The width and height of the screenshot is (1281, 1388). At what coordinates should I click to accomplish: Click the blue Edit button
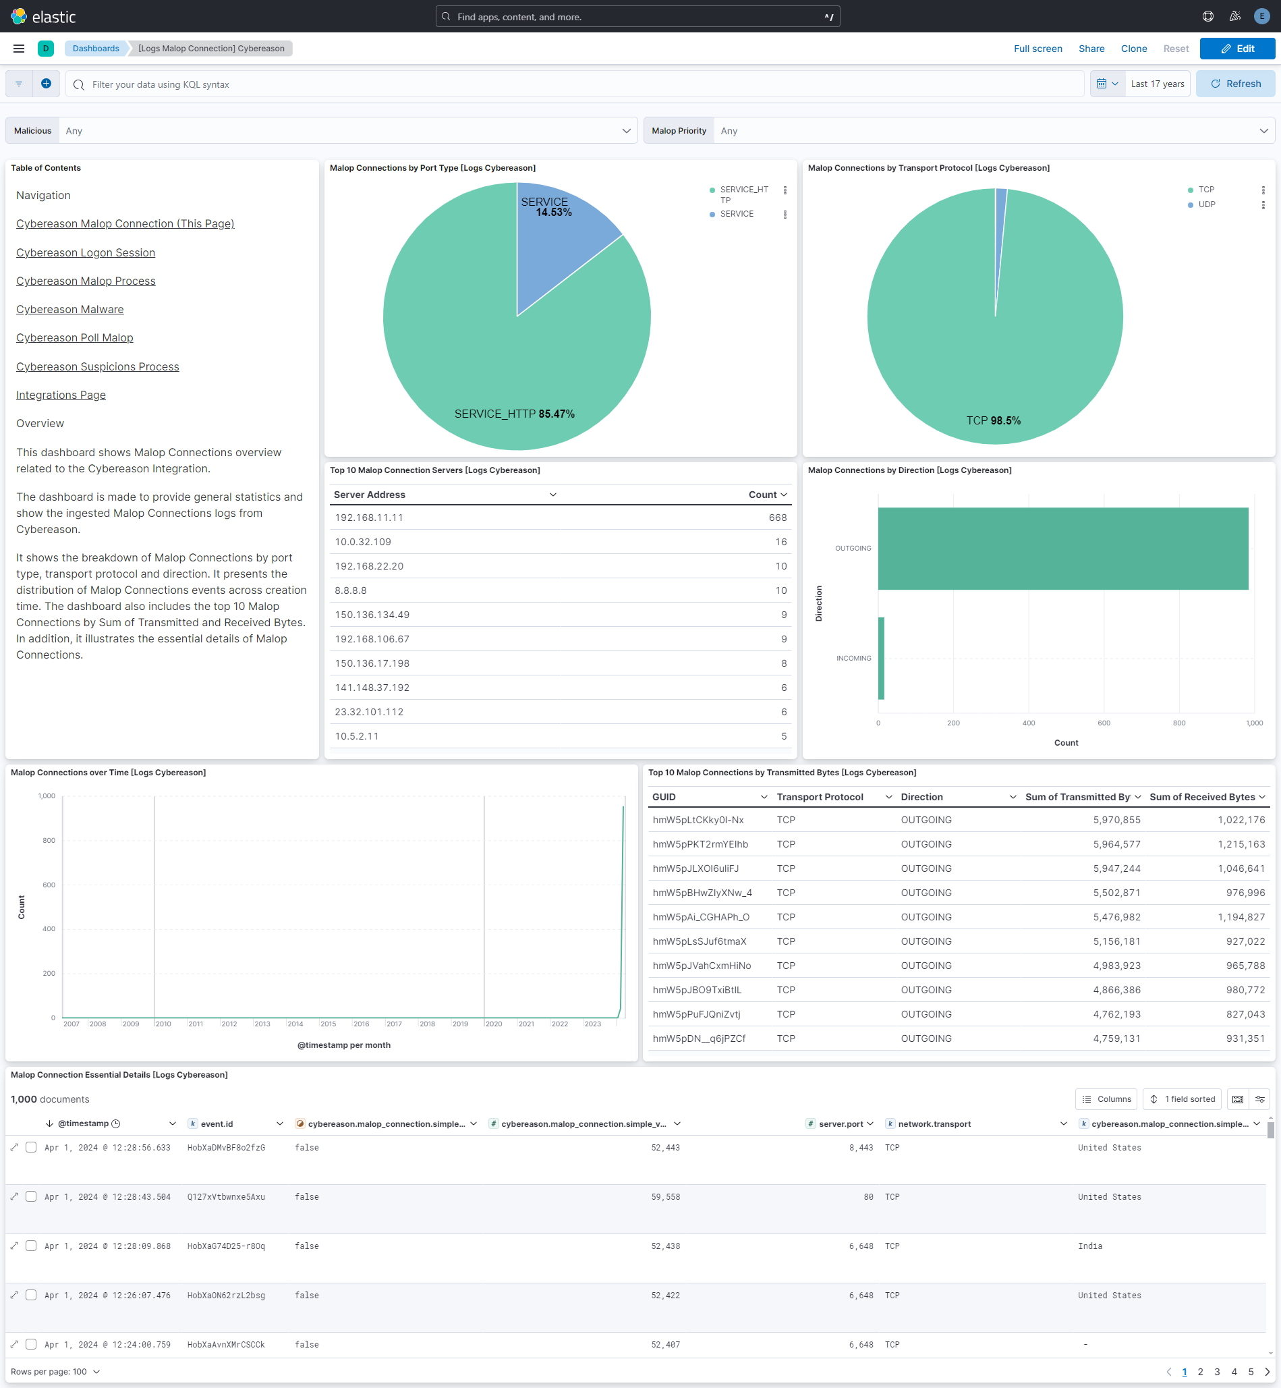click(x=1236, y=49)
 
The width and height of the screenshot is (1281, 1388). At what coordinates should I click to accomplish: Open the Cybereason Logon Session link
click(x=85, y=252)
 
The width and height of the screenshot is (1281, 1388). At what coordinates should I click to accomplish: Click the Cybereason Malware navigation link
click(x=70, y=309)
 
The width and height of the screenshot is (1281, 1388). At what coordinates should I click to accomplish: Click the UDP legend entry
click(x=1206, y=204)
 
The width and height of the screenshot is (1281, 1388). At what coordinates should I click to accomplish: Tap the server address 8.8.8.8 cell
click(x=351, y=590)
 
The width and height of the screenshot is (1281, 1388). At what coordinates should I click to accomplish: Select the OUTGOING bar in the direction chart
click(x=1062, y=549)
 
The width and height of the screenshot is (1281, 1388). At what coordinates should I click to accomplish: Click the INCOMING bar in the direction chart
click(x=881, y=658)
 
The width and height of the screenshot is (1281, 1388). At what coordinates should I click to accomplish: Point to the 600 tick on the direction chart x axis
click(x=1104, y=723)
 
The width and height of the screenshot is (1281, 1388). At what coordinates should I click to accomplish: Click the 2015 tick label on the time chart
click(x=328, y=1024)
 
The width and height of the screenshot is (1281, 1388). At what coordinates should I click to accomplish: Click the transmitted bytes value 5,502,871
click(x=1116, y=893)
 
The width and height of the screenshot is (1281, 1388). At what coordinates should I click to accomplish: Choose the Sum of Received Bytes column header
click(x=1202, y=798)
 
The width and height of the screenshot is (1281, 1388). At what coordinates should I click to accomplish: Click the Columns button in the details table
click(x=1106, y=1099)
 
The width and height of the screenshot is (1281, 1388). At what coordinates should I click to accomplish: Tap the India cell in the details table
click(x=1089, y=1246)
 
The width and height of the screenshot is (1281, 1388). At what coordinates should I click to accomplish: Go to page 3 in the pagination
click(x=1217, y=1371)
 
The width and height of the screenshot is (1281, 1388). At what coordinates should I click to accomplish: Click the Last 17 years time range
click(x=1157, y=84)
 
